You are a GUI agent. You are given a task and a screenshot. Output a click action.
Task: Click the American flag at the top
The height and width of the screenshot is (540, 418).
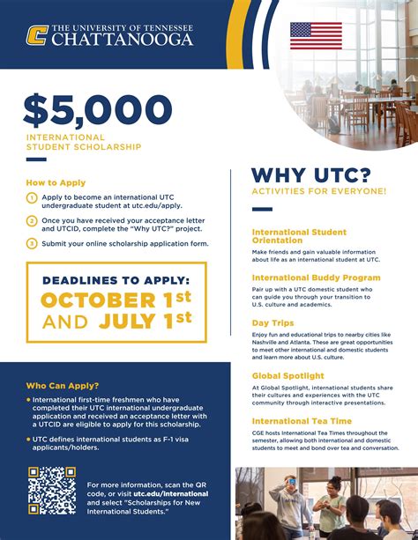pyautogui.click(x=315, y=35)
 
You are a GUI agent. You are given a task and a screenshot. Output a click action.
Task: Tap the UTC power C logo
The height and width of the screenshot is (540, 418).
pyautogui.click(x=37, y=34)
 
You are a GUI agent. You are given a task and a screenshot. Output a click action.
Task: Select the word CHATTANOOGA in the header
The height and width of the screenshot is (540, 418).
pyautogui.click(x=123, y=39)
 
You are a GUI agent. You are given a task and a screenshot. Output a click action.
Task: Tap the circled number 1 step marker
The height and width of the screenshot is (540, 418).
pyautogui.click(x=32, y=198)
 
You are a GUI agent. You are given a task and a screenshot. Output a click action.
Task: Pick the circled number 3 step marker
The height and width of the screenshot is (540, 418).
pyautogui.click(x=32, y=243)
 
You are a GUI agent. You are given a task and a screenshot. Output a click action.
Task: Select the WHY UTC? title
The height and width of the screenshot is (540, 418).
pyautogui.click(x=310, y=174)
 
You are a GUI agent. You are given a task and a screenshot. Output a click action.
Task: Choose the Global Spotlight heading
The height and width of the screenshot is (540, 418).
pyautogui.click(x=287, y=375)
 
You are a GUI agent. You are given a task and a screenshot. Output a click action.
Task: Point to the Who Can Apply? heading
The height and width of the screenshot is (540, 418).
pyautogui.click(x=63, y=386)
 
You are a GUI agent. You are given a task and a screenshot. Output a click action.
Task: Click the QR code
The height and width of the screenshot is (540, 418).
pyautogui.click(x=51, y=490)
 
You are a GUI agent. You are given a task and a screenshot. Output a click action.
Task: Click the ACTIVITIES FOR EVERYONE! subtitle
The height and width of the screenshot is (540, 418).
pyautogui.click(x=318, y=191)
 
